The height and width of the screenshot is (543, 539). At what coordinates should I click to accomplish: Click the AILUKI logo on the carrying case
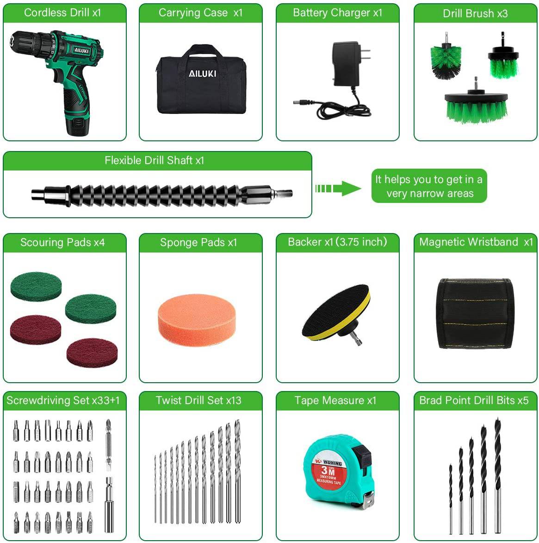tap(202, 73)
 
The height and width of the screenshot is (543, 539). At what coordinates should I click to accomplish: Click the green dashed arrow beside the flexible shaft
tap(337, 188)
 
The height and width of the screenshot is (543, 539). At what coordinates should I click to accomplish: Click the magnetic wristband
tap(475, 314)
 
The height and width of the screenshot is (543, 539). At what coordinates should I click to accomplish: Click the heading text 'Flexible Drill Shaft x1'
tap(154, 160)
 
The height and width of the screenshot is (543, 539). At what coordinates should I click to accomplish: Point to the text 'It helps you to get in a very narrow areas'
tap(429, 186)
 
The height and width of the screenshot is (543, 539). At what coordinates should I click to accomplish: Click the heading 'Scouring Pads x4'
tap(62, 242)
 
